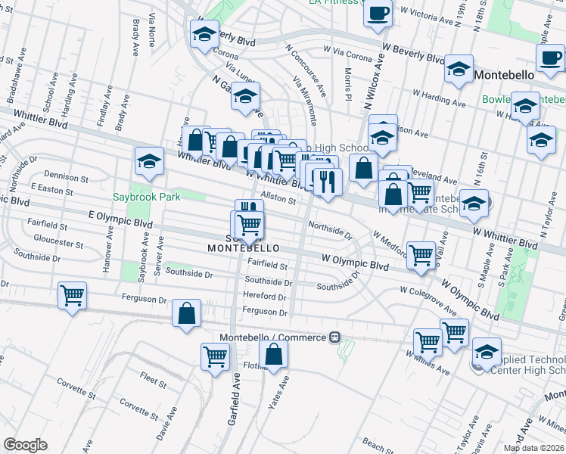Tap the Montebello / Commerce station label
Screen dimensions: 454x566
275,337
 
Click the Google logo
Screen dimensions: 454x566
25,445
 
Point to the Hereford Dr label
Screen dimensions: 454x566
263,296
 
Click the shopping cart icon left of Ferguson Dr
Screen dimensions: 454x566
73,295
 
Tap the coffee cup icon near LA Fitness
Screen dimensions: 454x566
378,12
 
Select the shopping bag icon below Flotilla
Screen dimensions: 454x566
274,353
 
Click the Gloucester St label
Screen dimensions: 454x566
58,244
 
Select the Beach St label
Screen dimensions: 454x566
378,443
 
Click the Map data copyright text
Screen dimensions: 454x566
533,448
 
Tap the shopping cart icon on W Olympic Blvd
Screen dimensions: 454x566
421,254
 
